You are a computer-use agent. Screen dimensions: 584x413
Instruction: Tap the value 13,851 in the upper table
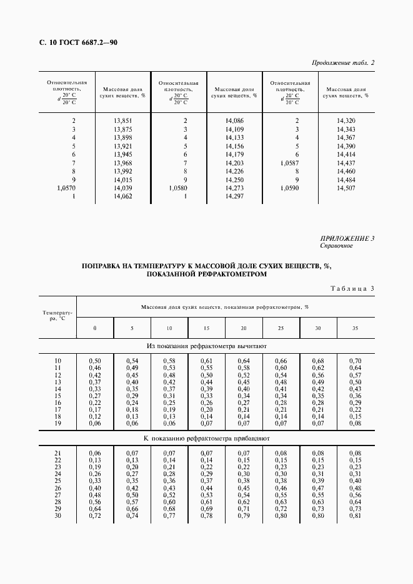point(123,120)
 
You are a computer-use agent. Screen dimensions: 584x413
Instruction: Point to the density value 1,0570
point(66,188)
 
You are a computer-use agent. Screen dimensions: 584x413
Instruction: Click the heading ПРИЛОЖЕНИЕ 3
point(347,238)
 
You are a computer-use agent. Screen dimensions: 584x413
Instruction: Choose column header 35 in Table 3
point(355,328)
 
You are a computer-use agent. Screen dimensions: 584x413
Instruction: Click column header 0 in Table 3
point(95,328)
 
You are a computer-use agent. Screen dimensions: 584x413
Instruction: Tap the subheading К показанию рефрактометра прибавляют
point(206,439)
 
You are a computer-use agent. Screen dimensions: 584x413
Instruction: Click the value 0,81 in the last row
point(355,515)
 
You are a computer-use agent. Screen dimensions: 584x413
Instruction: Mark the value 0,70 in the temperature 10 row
point(355,361)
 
